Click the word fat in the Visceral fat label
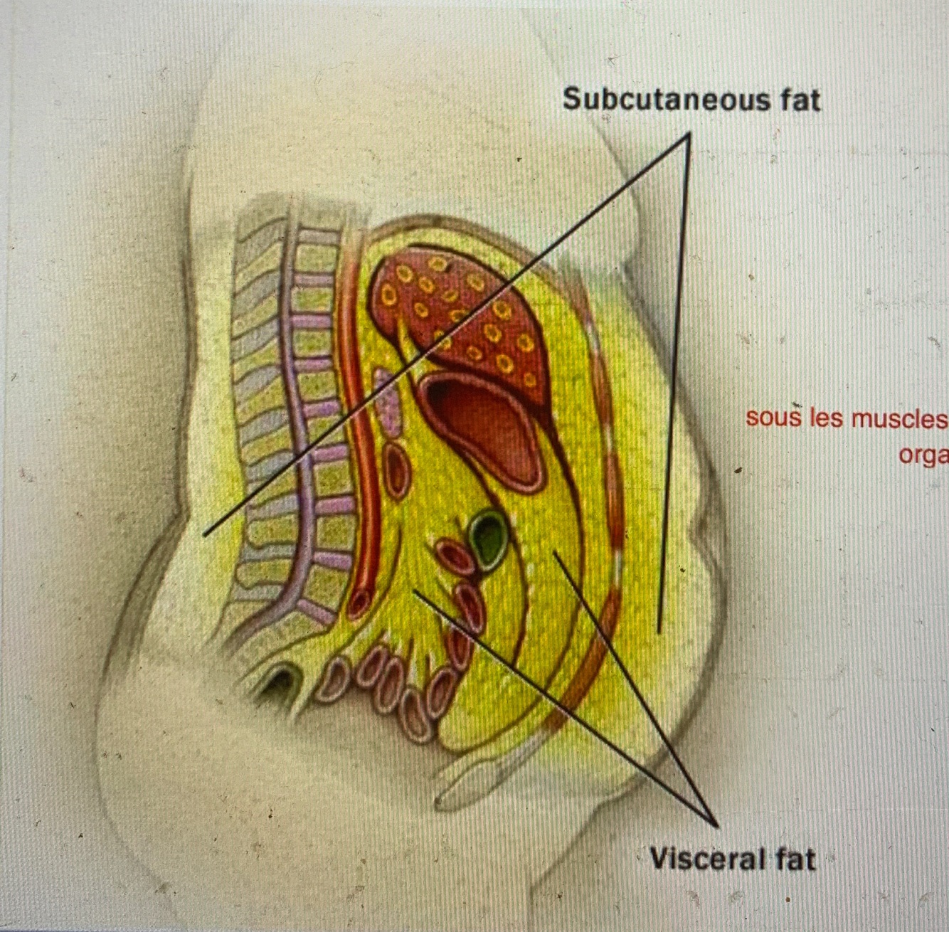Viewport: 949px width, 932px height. (795, 859)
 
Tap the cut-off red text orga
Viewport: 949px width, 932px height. (923, 455)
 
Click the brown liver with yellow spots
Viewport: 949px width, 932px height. (462, 306)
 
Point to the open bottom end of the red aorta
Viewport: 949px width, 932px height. (359, 601)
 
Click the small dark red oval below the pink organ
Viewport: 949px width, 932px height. (395, 470)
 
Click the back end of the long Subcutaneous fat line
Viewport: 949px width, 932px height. (204, 534)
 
